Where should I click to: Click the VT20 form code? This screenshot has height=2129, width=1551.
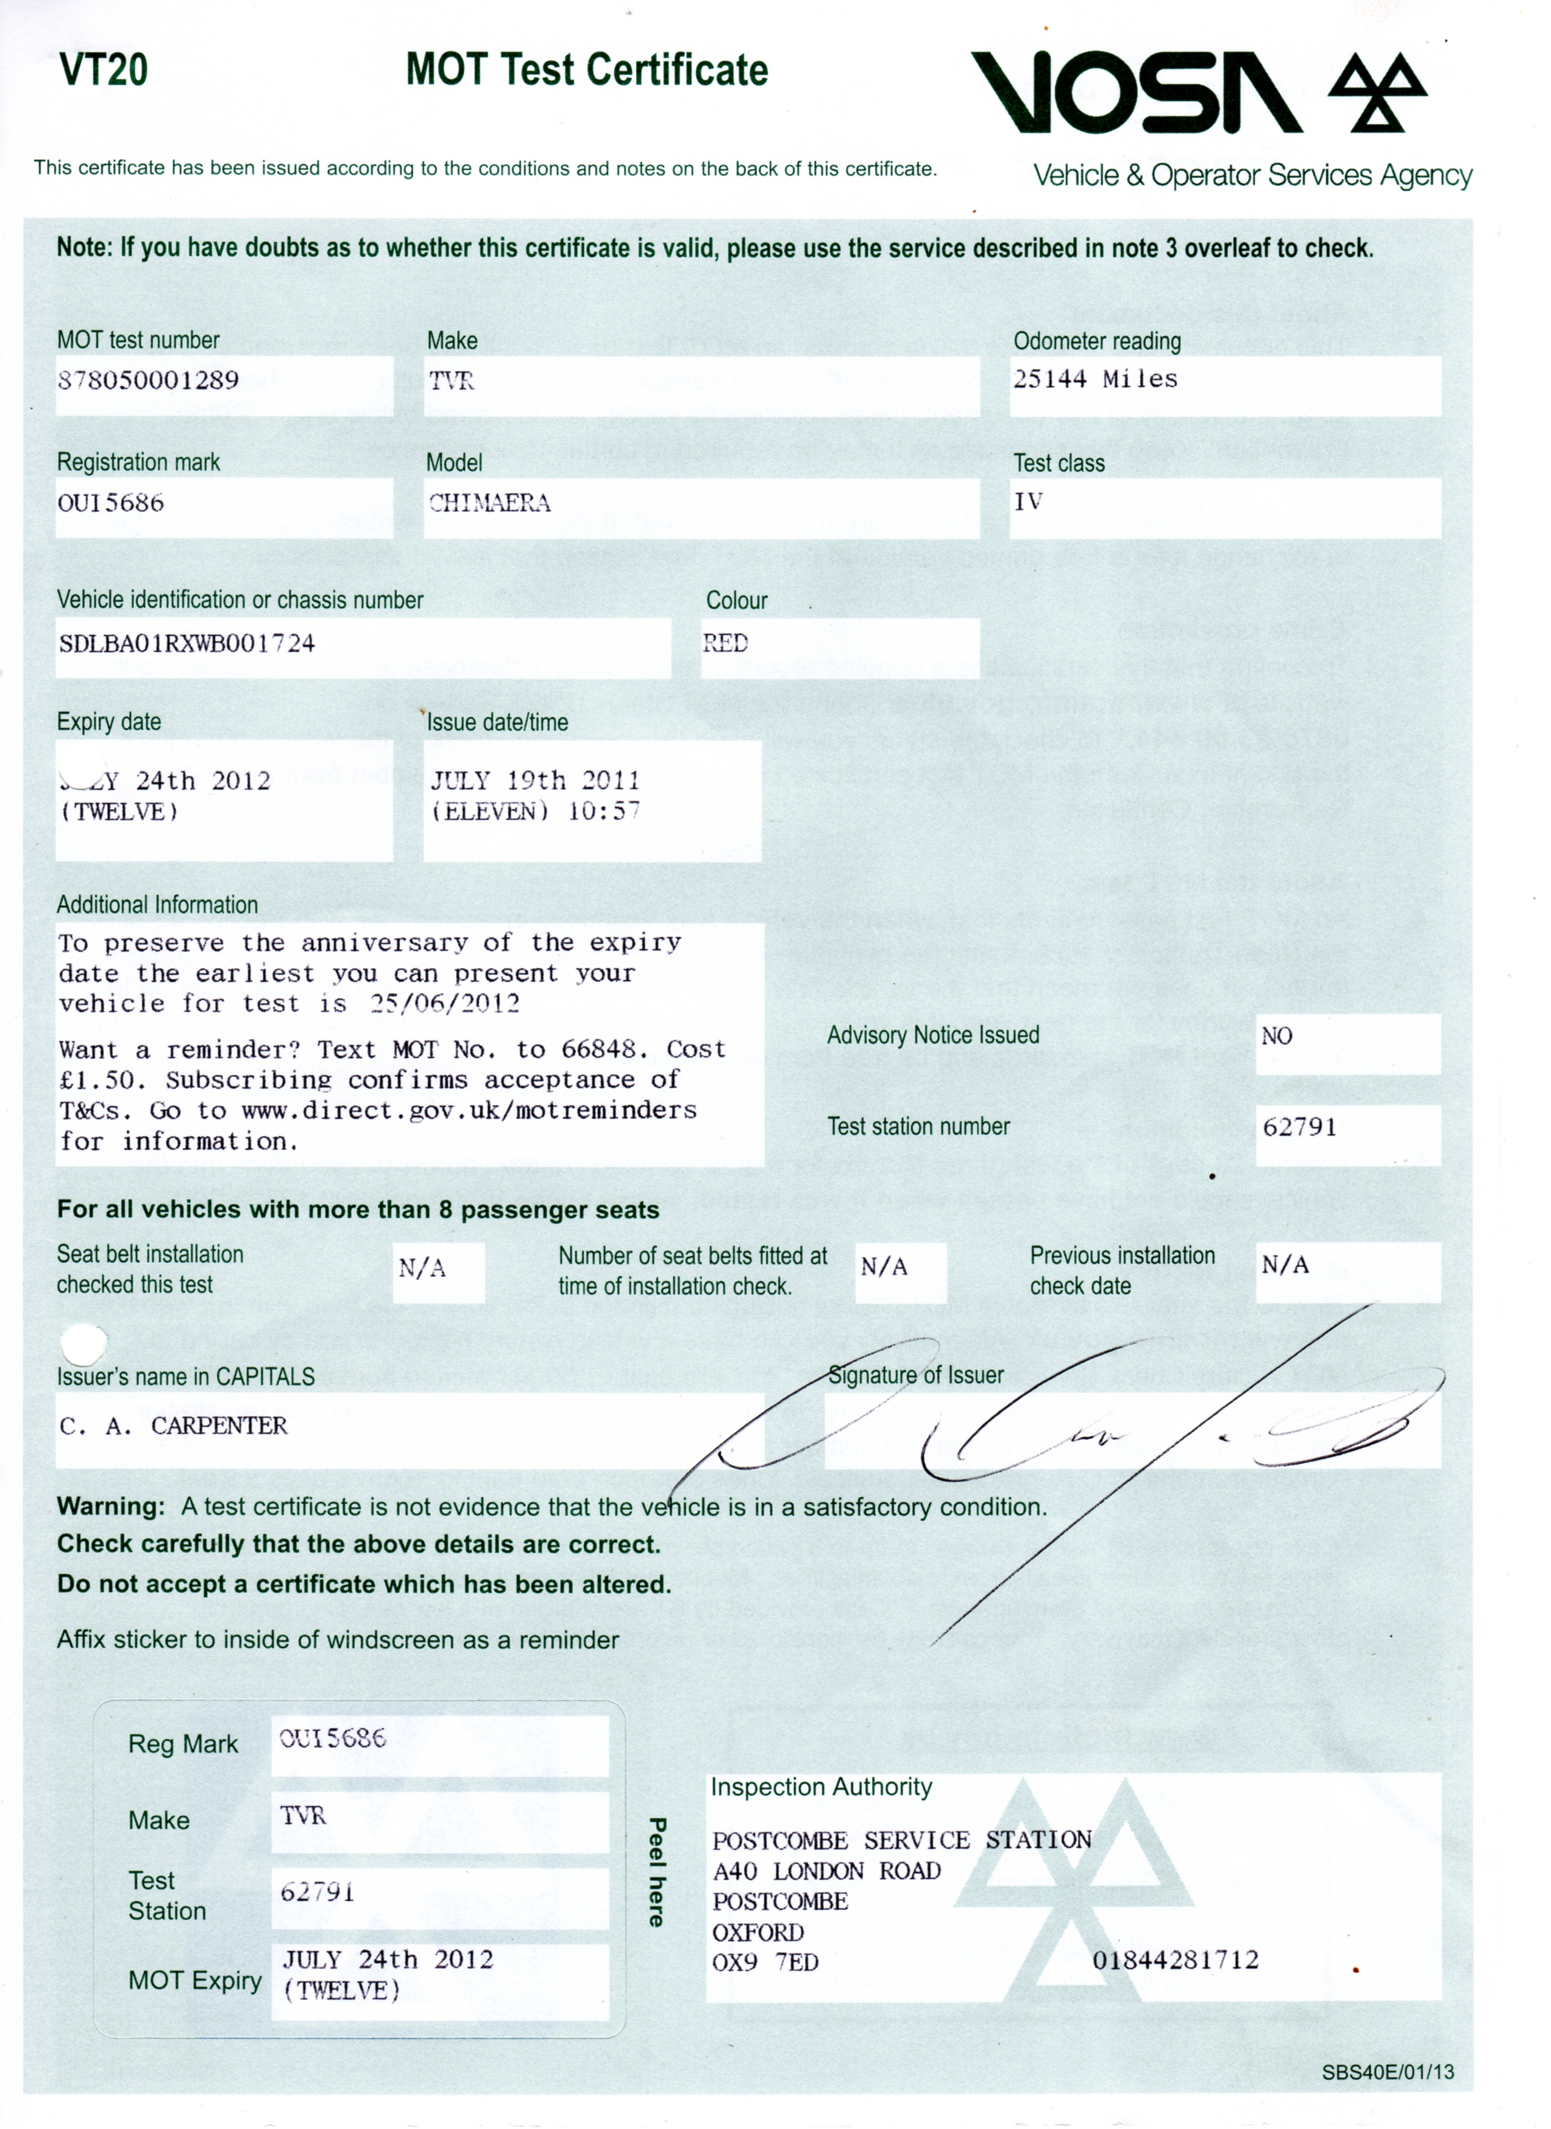(103, 71)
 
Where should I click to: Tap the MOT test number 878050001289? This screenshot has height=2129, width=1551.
(148, 380)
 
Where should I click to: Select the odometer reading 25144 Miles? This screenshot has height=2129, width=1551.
(1095, 380)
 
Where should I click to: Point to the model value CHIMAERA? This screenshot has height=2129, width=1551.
(489, 503)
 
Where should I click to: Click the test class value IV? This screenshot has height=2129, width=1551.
(1028, 502)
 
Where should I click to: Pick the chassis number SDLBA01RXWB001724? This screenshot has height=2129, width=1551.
(187, 644)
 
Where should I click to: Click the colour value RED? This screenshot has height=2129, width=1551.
(726, 644)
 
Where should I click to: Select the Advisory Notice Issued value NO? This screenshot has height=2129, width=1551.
(1277, 1036)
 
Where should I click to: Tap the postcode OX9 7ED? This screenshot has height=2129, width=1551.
(765, 1963)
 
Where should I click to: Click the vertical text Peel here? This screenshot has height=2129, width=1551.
(657, 1872)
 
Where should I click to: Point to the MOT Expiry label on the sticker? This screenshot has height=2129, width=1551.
(194, 1981)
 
